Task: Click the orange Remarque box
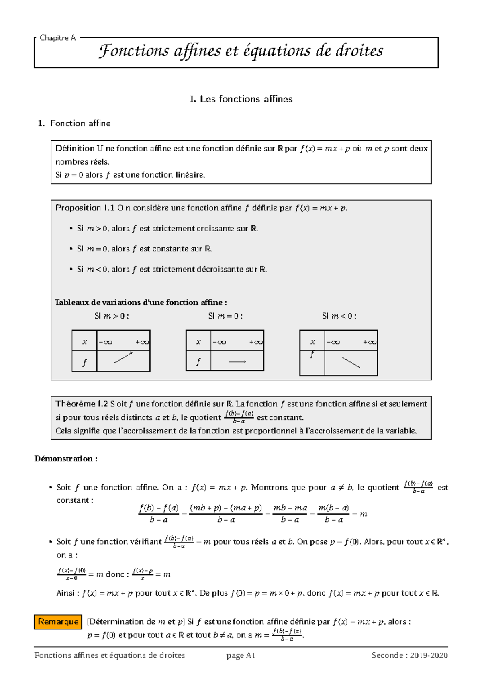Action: (x=58, y=621)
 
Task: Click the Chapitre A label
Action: (x=57, y=38)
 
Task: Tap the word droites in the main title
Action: (x=359, y=51)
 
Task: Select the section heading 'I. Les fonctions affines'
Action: (x=241, y=99)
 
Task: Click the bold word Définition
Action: (x=75, y=149)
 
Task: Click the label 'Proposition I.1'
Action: (x=85, y=208)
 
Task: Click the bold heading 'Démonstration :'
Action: (x=66, y=459)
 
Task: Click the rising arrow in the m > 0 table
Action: (x=123, y=357)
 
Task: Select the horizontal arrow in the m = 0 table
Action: (x=237, y=362)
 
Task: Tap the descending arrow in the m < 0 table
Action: (x=351, y=362)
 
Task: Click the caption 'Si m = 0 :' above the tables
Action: (x=225, y=316)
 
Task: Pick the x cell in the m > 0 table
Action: (x=84, y=342)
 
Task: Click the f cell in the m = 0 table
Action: (x=198, y=361)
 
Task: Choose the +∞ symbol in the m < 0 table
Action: (x=370, y=342)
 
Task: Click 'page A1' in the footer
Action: (x=241, y=655)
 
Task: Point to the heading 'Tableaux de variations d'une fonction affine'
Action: (x=140, y=302)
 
